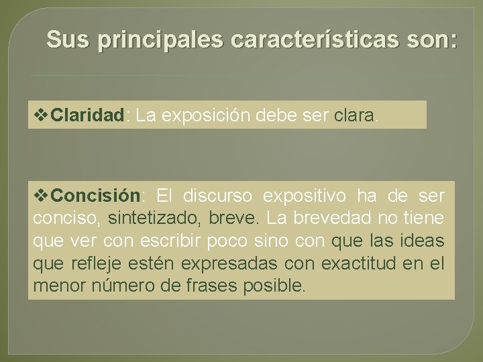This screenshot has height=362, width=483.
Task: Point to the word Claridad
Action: click(x=88, y=116)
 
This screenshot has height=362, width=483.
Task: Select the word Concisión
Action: click(x=95, y=196)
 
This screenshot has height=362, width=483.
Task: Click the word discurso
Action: click(x=219, y=196)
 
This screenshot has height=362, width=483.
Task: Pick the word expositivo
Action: click(x=305, y=196)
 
